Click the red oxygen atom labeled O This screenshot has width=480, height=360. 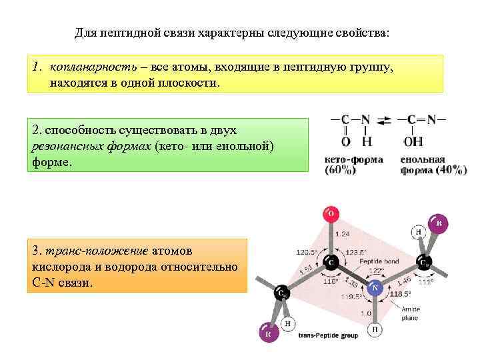(x=330, y=214)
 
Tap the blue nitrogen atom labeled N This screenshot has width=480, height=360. (x=375, y=288)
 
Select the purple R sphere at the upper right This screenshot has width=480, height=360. (x=437, y=223)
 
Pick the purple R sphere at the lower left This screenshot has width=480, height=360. (x=268, y=333)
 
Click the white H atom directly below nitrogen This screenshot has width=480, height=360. (x=375, y=330)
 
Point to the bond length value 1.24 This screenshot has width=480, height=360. (x=342, y=234)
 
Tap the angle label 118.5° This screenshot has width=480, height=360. (x=399, y=293)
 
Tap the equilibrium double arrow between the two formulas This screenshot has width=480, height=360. (x=385, y=121)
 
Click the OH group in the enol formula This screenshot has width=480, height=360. (x=413, y=141)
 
